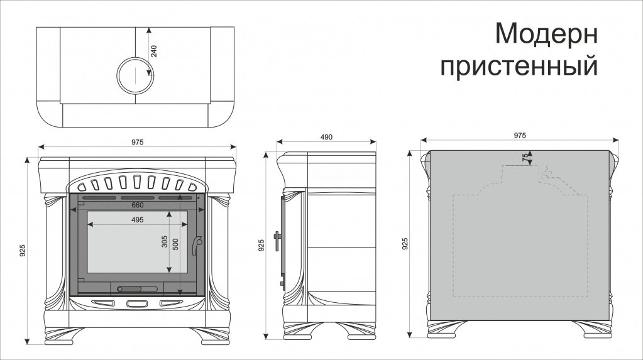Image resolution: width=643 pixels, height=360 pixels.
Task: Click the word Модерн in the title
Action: [546, 33]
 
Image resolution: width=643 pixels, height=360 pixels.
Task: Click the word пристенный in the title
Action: [519, 66]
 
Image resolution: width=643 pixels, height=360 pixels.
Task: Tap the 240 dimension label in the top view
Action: [154, 51]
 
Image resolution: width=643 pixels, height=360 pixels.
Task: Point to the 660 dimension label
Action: [138, 205]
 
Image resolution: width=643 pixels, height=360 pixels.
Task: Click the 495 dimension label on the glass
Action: [138, 220]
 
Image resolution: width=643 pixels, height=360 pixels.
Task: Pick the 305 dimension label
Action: [165, 243]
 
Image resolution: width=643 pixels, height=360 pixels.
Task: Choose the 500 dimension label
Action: [175, 244]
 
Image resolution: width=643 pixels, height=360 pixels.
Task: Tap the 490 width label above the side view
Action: [326, 137]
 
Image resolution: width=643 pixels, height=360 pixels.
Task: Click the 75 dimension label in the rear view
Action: [525, 158]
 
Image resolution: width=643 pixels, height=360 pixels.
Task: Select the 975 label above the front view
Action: [138, 142]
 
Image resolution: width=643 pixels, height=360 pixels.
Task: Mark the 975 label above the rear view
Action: [520, 135]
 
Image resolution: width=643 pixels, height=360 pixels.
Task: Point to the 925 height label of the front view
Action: [23, 251]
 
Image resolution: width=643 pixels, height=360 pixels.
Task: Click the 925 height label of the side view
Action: [261, 245]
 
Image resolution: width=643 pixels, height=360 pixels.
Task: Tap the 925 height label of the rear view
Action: [405, 244]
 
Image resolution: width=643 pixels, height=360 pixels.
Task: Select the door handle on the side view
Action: [277, 241]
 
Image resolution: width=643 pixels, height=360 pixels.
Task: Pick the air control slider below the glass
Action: [137, 289]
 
